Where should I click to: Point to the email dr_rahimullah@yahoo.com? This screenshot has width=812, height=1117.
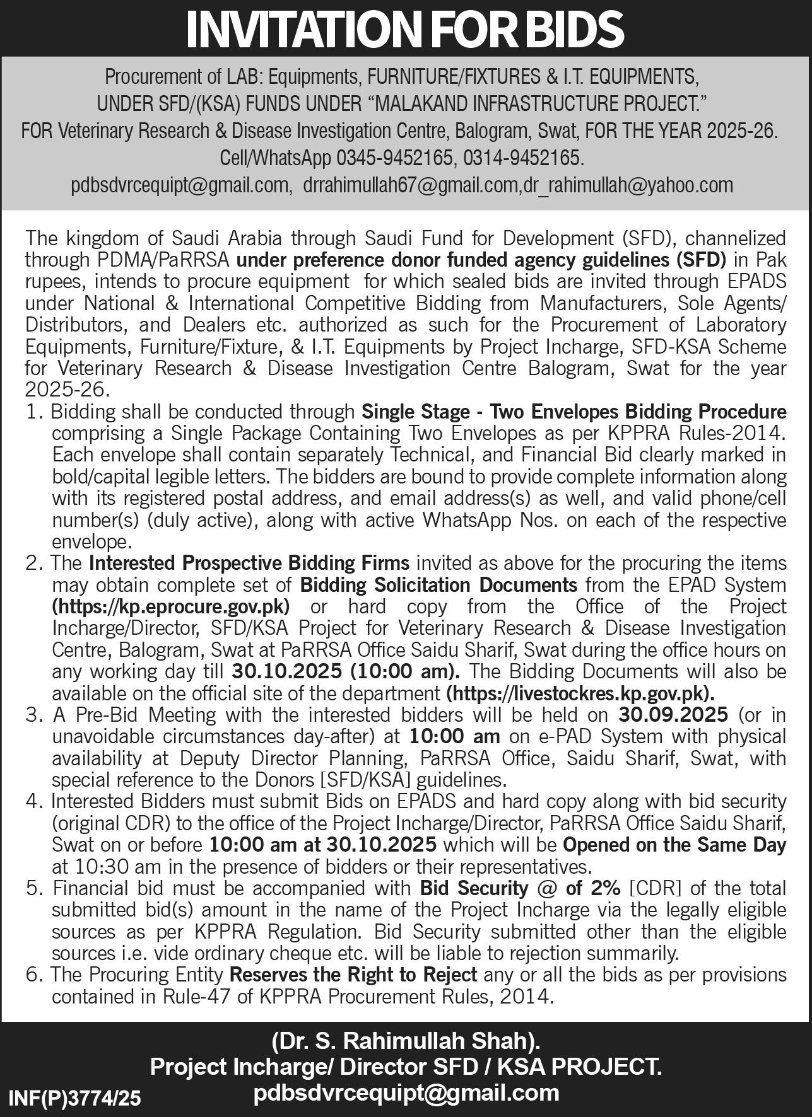[x=625, y=185]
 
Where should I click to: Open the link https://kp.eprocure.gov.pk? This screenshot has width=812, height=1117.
[x=171, y=606]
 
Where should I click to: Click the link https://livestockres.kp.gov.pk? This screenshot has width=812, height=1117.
[x=580, y=693]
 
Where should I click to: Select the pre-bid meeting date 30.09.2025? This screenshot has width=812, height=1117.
[x=673, y=715]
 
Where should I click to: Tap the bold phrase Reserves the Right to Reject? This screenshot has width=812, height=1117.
[x=353, y=975]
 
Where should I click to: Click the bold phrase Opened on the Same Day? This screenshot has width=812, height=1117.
[x=674, y=845]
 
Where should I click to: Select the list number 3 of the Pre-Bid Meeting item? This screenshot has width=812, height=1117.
[x=32, y=715]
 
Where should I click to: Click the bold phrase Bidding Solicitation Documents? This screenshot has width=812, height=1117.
[x=438, y=584]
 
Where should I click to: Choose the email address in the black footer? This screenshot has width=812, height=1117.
[x=406, y=1092]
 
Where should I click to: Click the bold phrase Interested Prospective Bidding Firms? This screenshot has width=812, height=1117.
[x=250, y=562]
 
